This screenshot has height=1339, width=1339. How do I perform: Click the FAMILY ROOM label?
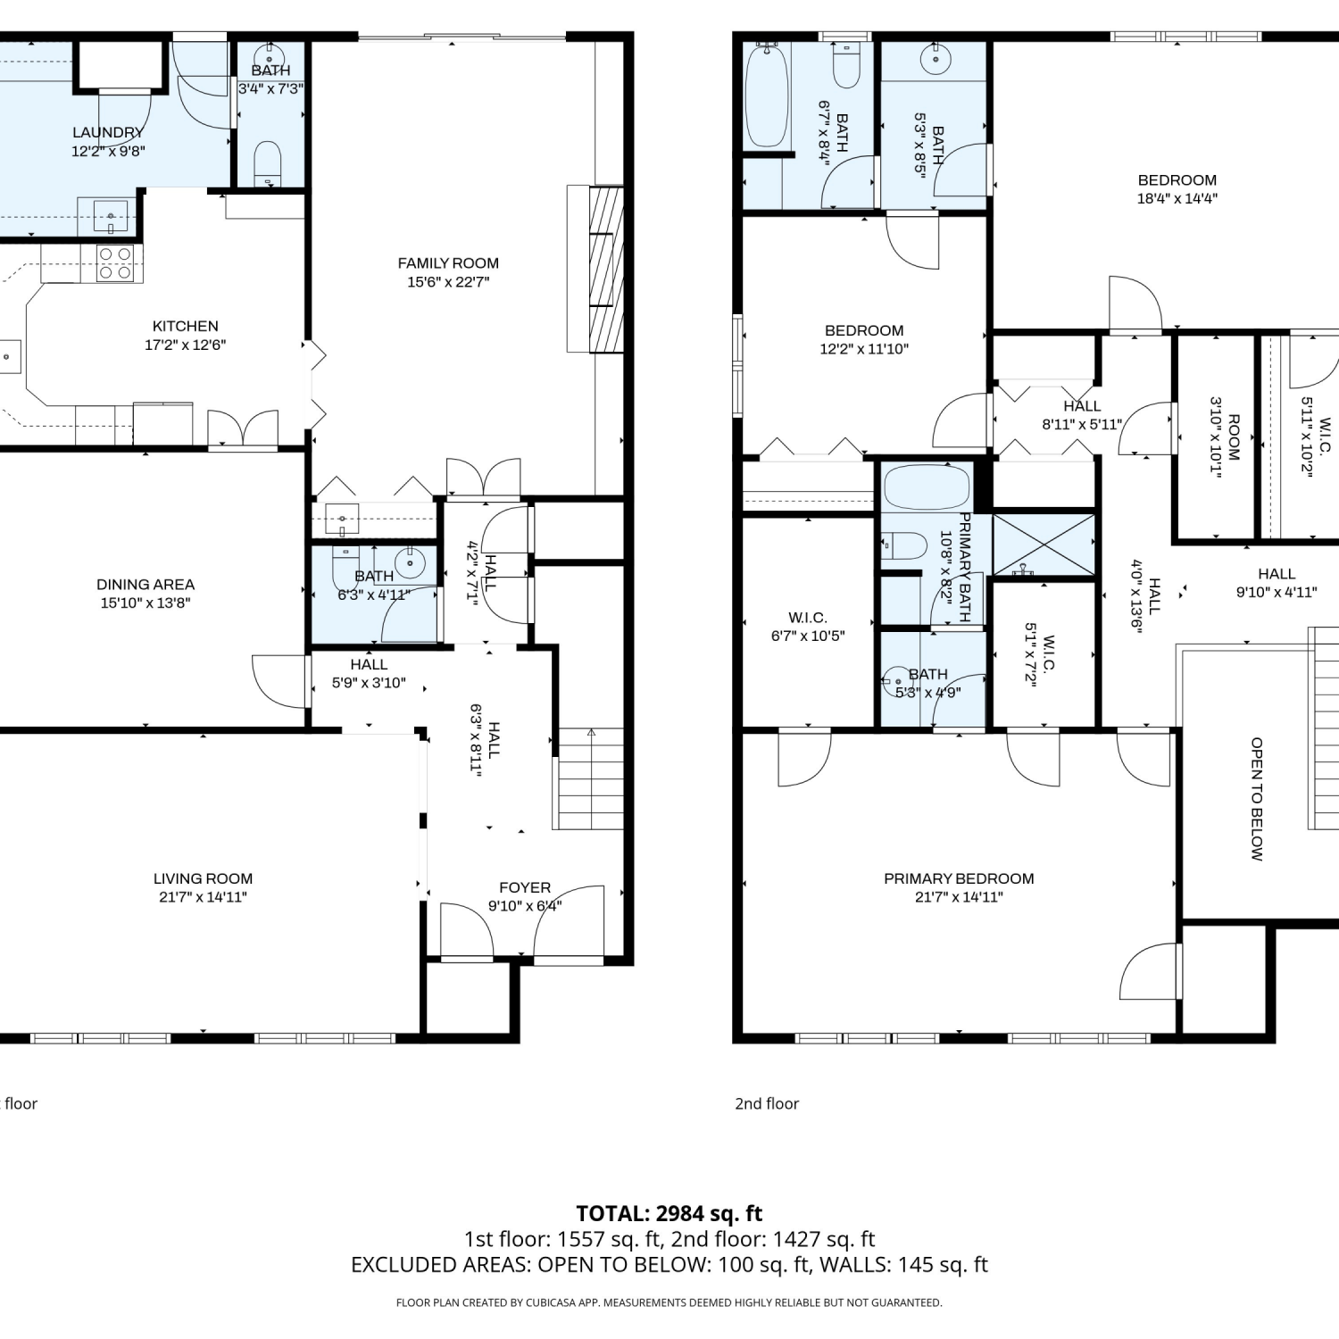tap(448, 263)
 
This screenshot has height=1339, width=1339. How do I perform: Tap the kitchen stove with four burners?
tap(115, 263)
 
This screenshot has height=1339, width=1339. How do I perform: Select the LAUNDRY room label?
tap(108, 132)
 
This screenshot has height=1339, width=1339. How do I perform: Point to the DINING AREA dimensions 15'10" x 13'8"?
tap(146, 603)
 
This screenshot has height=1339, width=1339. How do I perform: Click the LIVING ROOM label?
tap(203, 878)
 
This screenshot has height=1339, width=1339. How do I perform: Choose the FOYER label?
tap(525, 887)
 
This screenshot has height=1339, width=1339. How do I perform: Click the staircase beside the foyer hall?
tap(590, 779)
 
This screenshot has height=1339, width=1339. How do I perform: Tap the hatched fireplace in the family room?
tap(606, 269)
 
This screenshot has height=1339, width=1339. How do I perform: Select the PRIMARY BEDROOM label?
tap(959, 878)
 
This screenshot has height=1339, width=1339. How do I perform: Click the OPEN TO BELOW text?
tap(1257, 799)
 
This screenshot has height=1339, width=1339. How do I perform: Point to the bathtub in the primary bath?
tap(927, 487)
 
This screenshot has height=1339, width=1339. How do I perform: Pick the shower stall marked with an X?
tap(1044, 544)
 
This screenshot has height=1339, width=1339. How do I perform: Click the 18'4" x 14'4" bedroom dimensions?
tap(1177, 199)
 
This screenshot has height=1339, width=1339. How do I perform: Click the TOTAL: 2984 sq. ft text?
tap(669, 1213)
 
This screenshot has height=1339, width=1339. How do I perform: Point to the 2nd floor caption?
tap(767, 1103)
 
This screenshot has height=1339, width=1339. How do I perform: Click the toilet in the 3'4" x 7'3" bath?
tap(268, 163)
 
